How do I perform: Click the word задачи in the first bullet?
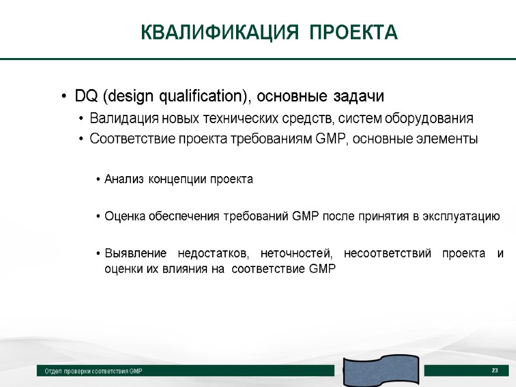[362, 97]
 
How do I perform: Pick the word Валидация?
[119, 119]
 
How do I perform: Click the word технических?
[242, 119]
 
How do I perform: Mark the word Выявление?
[132, 253]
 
